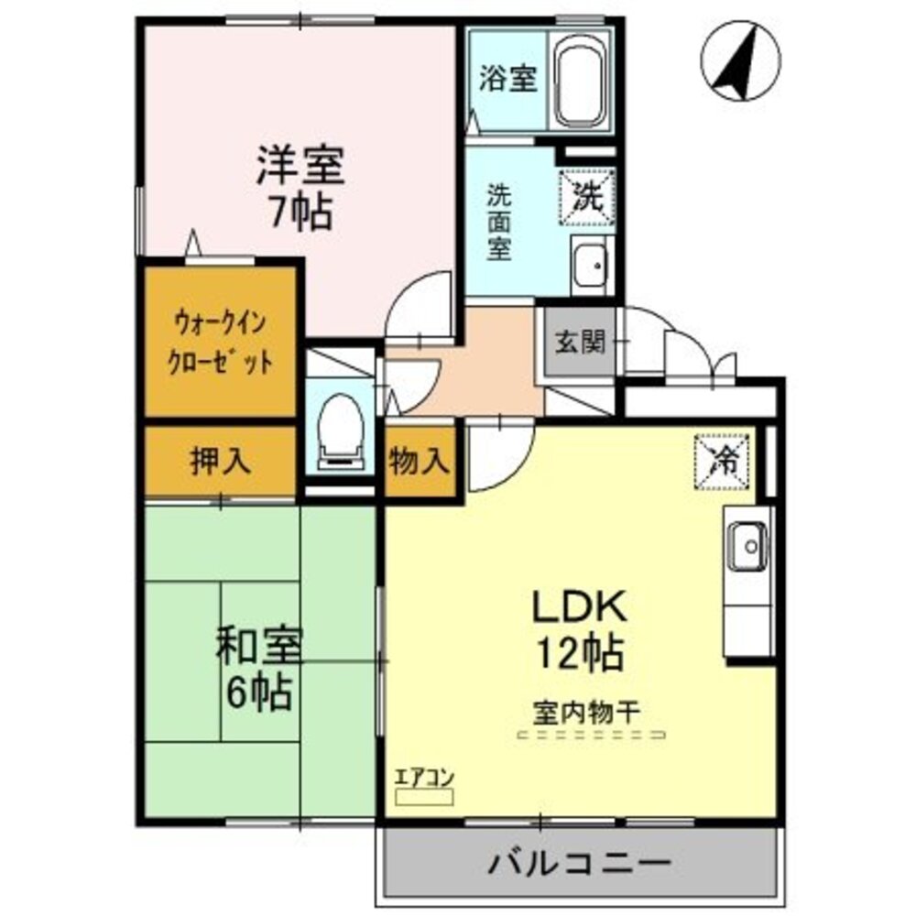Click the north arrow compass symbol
click(740, 61)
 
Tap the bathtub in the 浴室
click(583, 81)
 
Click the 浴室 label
click(507, 79)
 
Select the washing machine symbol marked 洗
click(586, 195)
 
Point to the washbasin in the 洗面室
click(591, 266)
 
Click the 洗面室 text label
click(498, 222)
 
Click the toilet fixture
click(339, 427)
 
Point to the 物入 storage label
click(419, 461)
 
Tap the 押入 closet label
click(220, 461)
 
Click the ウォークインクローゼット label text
click(221, 342)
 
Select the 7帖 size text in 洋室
click(300, 213)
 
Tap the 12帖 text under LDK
click(579, 653)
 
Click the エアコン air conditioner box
click(423, 796)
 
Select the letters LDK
click(580, 606)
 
